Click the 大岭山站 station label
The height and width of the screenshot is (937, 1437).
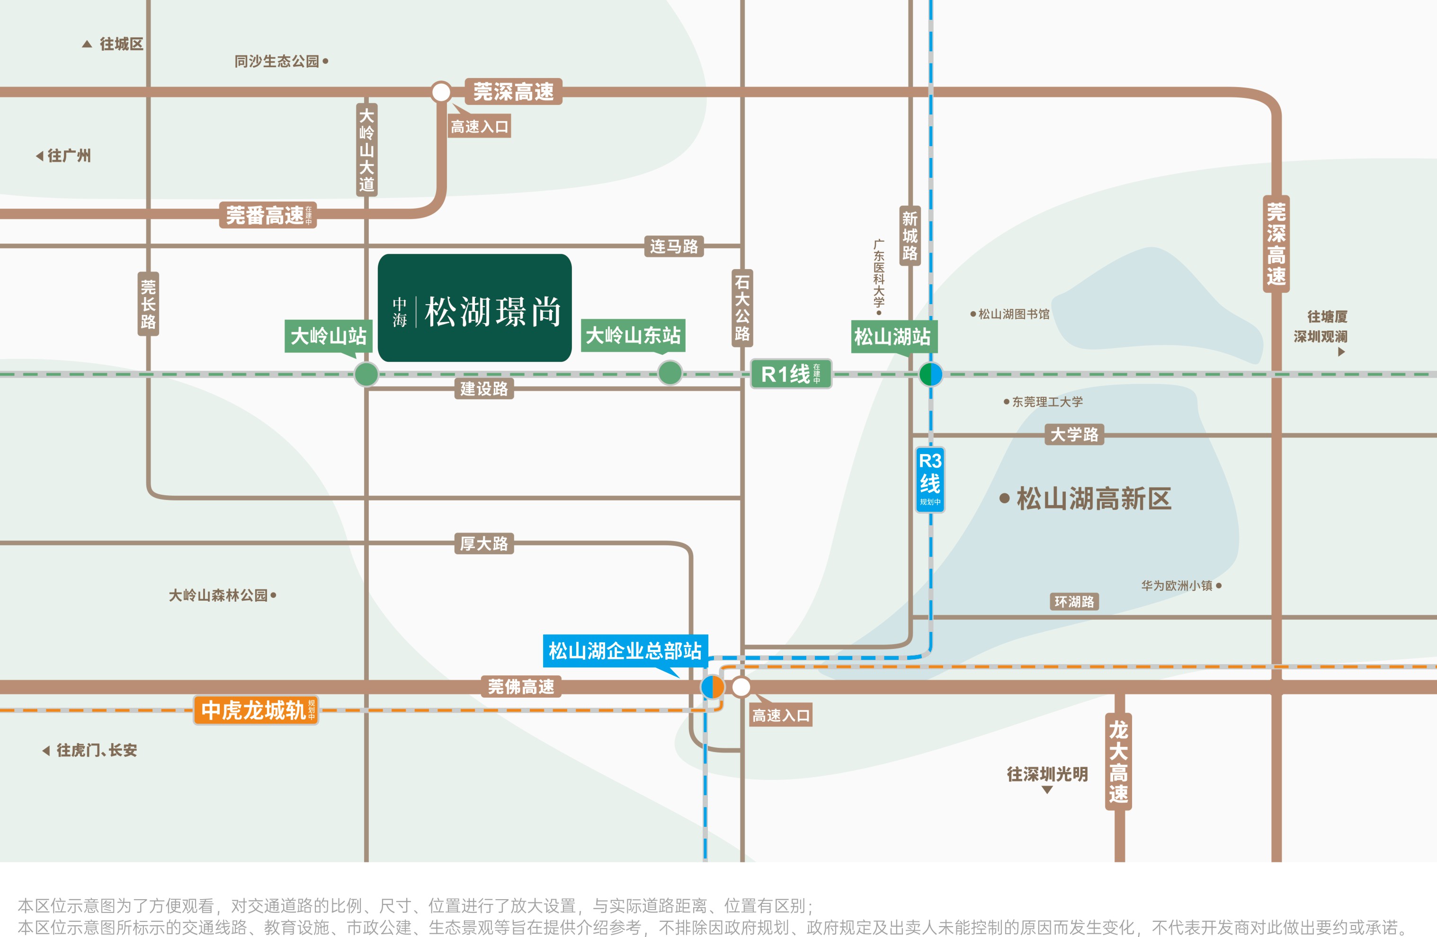(x=329, y=335)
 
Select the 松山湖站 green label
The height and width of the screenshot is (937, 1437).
(x=893, y=336)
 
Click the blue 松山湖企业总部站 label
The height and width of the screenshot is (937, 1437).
(x=625, y=650)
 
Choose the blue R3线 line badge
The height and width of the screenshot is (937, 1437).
(x=930, y=480)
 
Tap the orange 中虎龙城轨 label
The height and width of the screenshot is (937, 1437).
(x=255, y=710)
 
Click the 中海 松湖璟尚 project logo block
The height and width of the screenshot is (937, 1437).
(x=474, y=308)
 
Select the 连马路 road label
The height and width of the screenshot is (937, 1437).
(x=674, y=246)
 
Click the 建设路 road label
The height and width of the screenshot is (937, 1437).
(x=483, y=388)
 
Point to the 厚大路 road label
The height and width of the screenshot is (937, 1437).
(x=483, y=543)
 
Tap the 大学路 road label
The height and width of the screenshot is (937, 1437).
(x=1074, y=434)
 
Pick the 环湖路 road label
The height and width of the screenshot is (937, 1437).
(x=1074, y=602)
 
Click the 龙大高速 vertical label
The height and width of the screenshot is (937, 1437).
(x=1118, y=762)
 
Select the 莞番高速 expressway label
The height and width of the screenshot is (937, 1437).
(x=268, y=215)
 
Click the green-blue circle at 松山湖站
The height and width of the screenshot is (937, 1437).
(x=930, y=374)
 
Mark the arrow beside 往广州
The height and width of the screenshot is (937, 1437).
(x=39, y=156)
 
